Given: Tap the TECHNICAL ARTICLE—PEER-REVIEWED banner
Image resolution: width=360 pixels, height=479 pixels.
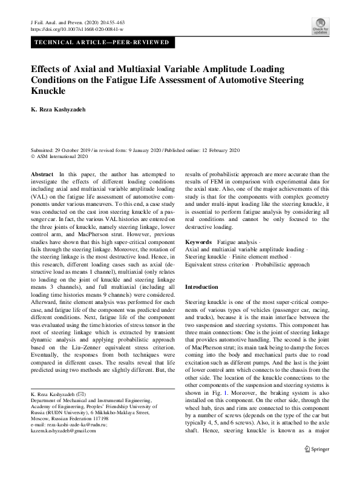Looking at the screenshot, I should tap(103, 43).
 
